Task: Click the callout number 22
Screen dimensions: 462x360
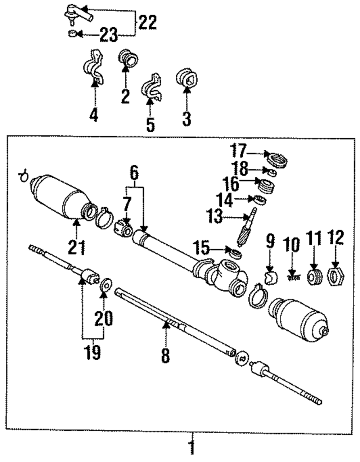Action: click(x=147, y=23)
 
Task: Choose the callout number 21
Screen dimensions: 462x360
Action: click(x=78, y=248)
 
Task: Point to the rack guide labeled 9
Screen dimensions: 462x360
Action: click(x=270, y=278)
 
